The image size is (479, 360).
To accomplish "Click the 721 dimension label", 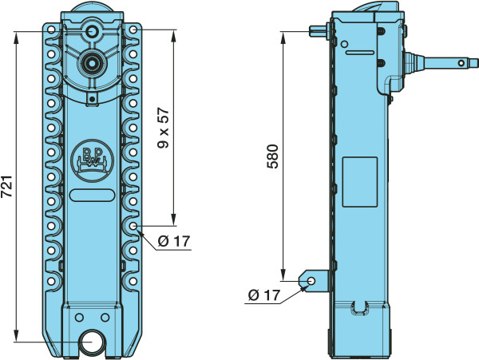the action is click(6, 186).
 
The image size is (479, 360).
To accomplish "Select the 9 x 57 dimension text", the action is click(163, 128).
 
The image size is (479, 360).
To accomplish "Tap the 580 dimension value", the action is click(272, 156).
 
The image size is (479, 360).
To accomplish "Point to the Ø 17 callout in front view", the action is click(174, 241).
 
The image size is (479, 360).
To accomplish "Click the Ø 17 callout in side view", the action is click(264, 295).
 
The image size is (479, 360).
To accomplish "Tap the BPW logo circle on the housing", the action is click(93, 160).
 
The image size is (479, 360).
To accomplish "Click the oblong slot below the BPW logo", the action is click(93, 196).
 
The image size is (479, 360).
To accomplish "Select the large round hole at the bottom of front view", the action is click(91, 342).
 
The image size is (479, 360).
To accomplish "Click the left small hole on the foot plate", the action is click(79, 318).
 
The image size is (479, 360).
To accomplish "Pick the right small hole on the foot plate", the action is click(105, 318).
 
